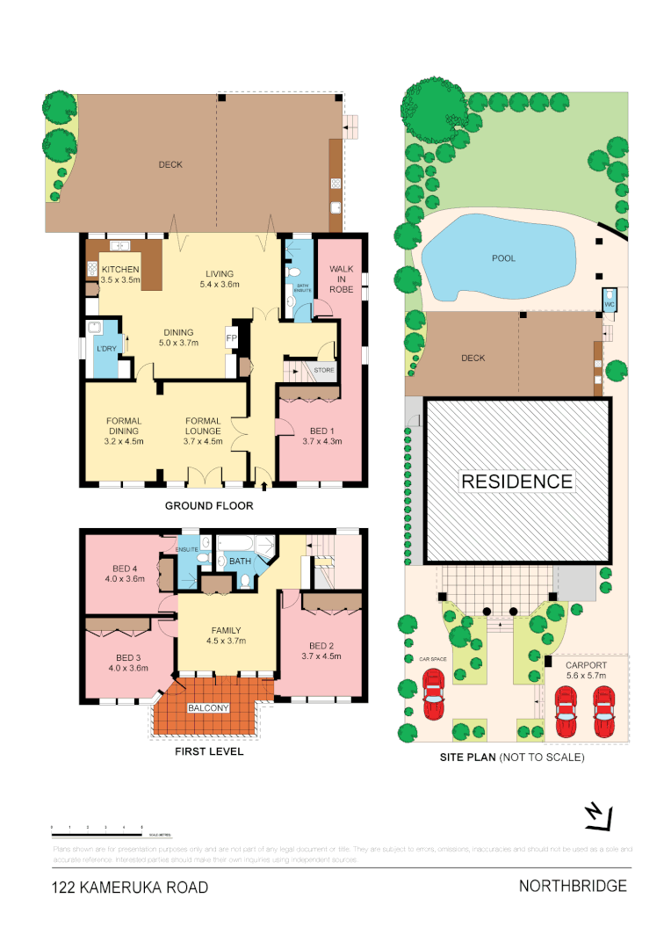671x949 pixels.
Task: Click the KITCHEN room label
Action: click(120, 269)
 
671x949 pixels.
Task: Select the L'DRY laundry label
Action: click(105, 351)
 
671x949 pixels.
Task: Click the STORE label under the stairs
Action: click(324, 371)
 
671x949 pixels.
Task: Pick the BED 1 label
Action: click(321, 431)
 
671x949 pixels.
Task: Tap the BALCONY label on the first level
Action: click(208, 708)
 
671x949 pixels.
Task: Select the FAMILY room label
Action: click(226, 630)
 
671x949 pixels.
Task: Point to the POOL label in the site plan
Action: click(503, 258)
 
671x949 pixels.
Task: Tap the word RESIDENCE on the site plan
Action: click(516, 482)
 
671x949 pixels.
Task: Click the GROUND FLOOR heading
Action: click(209, 506)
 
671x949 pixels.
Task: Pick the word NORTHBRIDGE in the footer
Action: click(573, 886)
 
